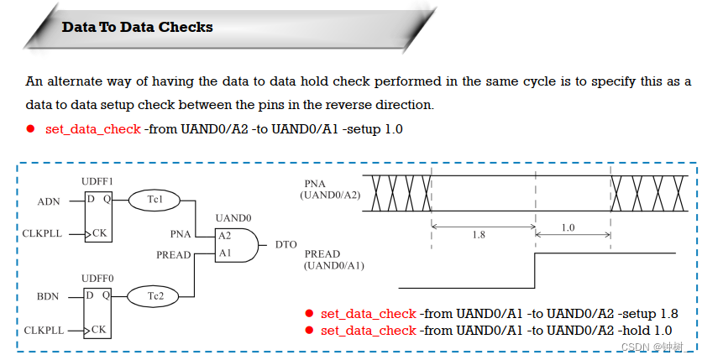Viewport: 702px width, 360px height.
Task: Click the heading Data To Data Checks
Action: (x=137, y=28)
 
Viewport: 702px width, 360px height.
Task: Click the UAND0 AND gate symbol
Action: (x=234, y=244)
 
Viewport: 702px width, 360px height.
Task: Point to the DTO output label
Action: (x=286, y=244)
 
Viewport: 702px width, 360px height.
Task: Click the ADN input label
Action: (x=49, y=201)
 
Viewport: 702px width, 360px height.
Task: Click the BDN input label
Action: (x=49, y=295)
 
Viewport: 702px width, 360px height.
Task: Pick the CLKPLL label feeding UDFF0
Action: (x=42, y=330)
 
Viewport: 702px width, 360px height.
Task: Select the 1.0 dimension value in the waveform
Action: (x=568, y=227)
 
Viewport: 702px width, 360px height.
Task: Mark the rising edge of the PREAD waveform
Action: (x=535, y=269)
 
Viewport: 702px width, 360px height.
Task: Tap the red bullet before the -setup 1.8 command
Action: (x=309, y=313)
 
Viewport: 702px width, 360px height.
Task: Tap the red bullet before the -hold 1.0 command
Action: (x=309, y=331)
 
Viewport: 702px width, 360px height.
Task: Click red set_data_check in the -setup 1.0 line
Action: (x=92, y=129)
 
